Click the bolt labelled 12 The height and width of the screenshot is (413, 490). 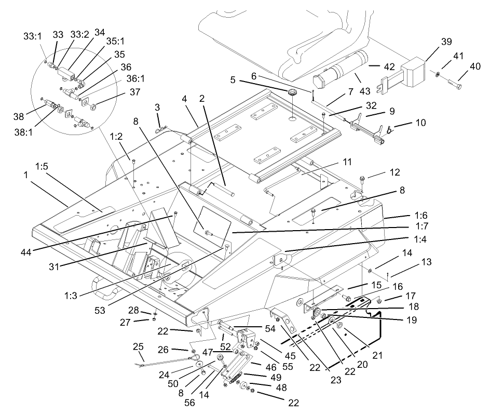(x=362, y=180)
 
